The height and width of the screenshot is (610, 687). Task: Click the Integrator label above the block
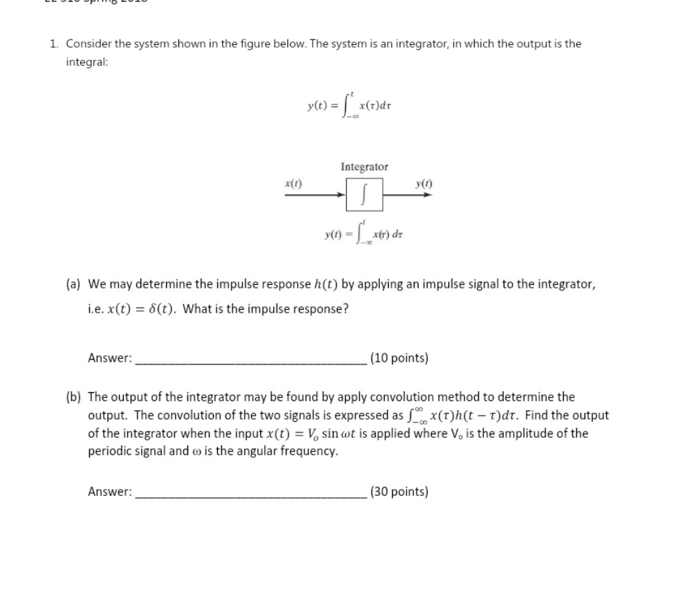[x=364, y=167]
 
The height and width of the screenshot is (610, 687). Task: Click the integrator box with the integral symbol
[x=364, y=195]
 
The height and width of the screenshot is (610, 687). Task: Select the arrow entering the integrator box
[x=315, y=195]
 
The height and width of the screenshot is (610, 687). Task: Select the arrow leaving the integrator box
[x=408, y=195]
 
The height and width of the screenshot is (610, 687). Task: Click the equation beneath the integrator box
[x=363, y=235]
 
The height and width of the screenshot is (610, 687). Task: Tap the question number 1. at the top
[x=54, y=44]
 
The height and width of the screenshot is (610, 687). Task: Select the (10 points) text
[x=399, y=358]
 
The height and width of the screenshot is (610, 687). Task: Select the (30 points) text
[x=399, y=492]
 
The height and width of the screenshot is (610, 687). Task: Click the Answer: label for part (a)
[x=110, y=358]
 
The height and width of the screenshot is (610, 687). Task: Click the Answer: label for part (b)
[x=110, y=492]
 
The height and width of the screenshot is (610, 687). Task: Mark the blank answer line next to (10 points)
[x=252, y=361]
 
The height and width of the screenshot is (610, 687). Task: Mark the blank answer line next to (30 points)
[x=252, y=495]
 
